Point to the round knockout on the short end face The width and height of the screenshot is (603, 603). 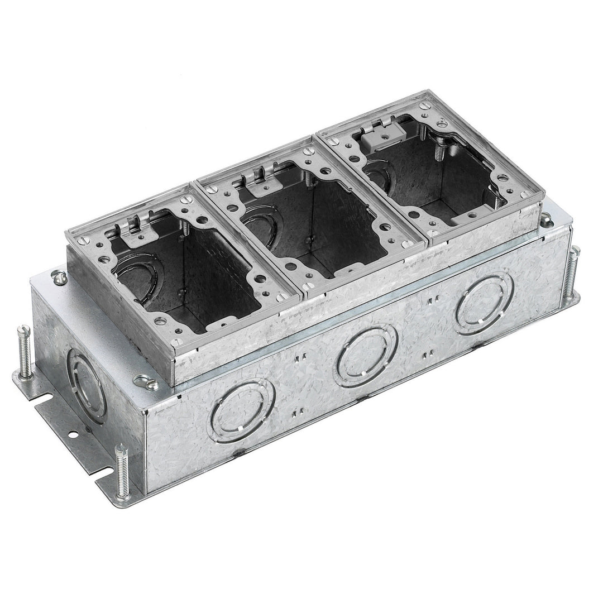click(x=85, y=385)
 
